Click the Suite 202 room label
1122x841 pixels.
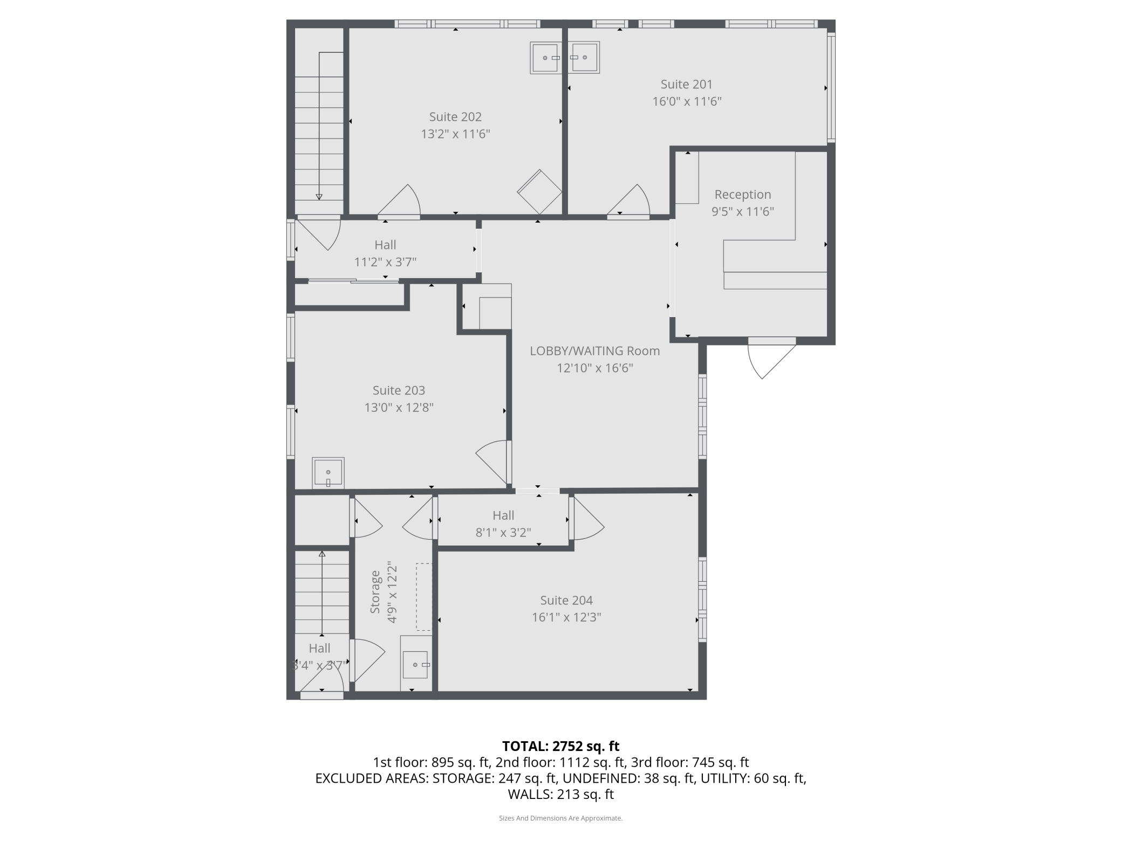(455, 116)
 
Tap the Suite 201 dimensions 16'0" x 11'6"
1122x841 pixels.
(687, 101)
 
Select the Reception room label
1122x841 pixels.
(743, 194)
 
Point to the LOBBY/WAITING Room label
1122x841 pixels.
(595, 351)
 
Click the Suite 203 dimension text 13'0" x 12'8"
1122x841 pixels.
(399, 408)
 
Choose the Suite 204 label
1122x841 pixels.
(566, 600)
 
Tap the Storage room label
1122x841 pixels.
(375, 592)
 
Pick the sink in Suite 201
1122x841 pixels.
(583, 57)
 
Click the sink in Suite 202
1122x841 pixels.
(546, 58)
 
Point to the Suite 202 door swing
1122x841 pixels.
(399, 201)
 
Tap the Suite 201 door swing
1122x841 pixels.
(629, 201)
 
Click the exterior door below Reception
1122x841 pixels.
(771, 358)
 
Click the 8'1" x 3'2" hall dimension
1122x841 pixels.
(503, 533)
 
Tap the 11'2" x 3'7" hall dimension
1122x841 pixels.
(385, 262)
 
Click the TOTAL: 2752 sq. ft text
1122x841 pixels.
(561, 746)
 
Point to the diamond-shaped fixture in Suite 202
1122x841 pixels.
(539, 192)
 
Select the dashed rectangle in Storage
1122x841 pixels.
(424, 597)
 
